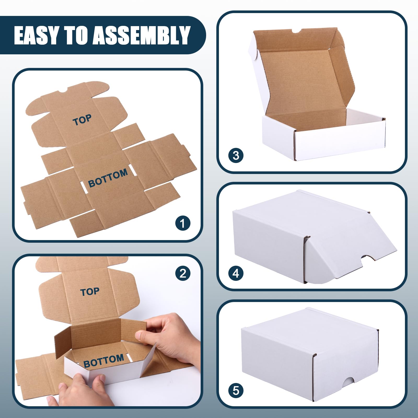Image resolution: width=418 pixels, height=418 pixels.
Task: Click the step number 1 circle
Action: pos(183,223)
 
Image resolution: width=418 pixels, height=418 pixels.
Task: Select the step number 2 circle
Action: pos(183,273)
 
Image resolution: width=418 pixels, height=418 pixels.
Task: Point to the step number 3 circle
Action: pos(236,155)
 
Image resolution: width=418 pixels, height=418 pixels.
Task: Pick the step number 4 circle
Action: pos(236,273)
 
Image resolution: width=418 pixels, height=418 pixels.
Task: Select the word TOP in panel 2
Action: pos(90,292)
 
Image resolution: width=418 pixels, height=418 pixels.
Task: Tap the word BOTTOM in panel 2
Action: pos(103,361)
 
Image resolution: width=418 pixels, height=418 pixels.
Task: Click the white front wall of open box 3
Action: pos(340,144)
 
